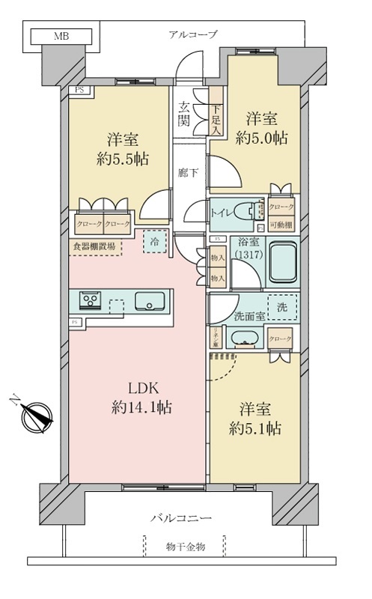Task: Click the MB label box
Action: tap(58, 35)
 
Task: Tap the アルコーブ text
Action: tap(192, 34)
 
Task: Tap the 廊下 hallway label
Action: tap(188, 171)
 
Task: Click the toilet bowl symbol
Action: tap(246, 213)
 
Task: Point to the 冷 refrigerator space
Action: tap(153, 240)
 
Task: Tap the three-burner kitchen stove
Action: tap(92, 302)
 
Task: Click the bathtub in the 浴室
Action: tap(281, 264)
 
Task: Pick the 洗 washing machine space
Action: tap(281, 307)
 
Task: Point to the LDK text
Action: tap(138, 388)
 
